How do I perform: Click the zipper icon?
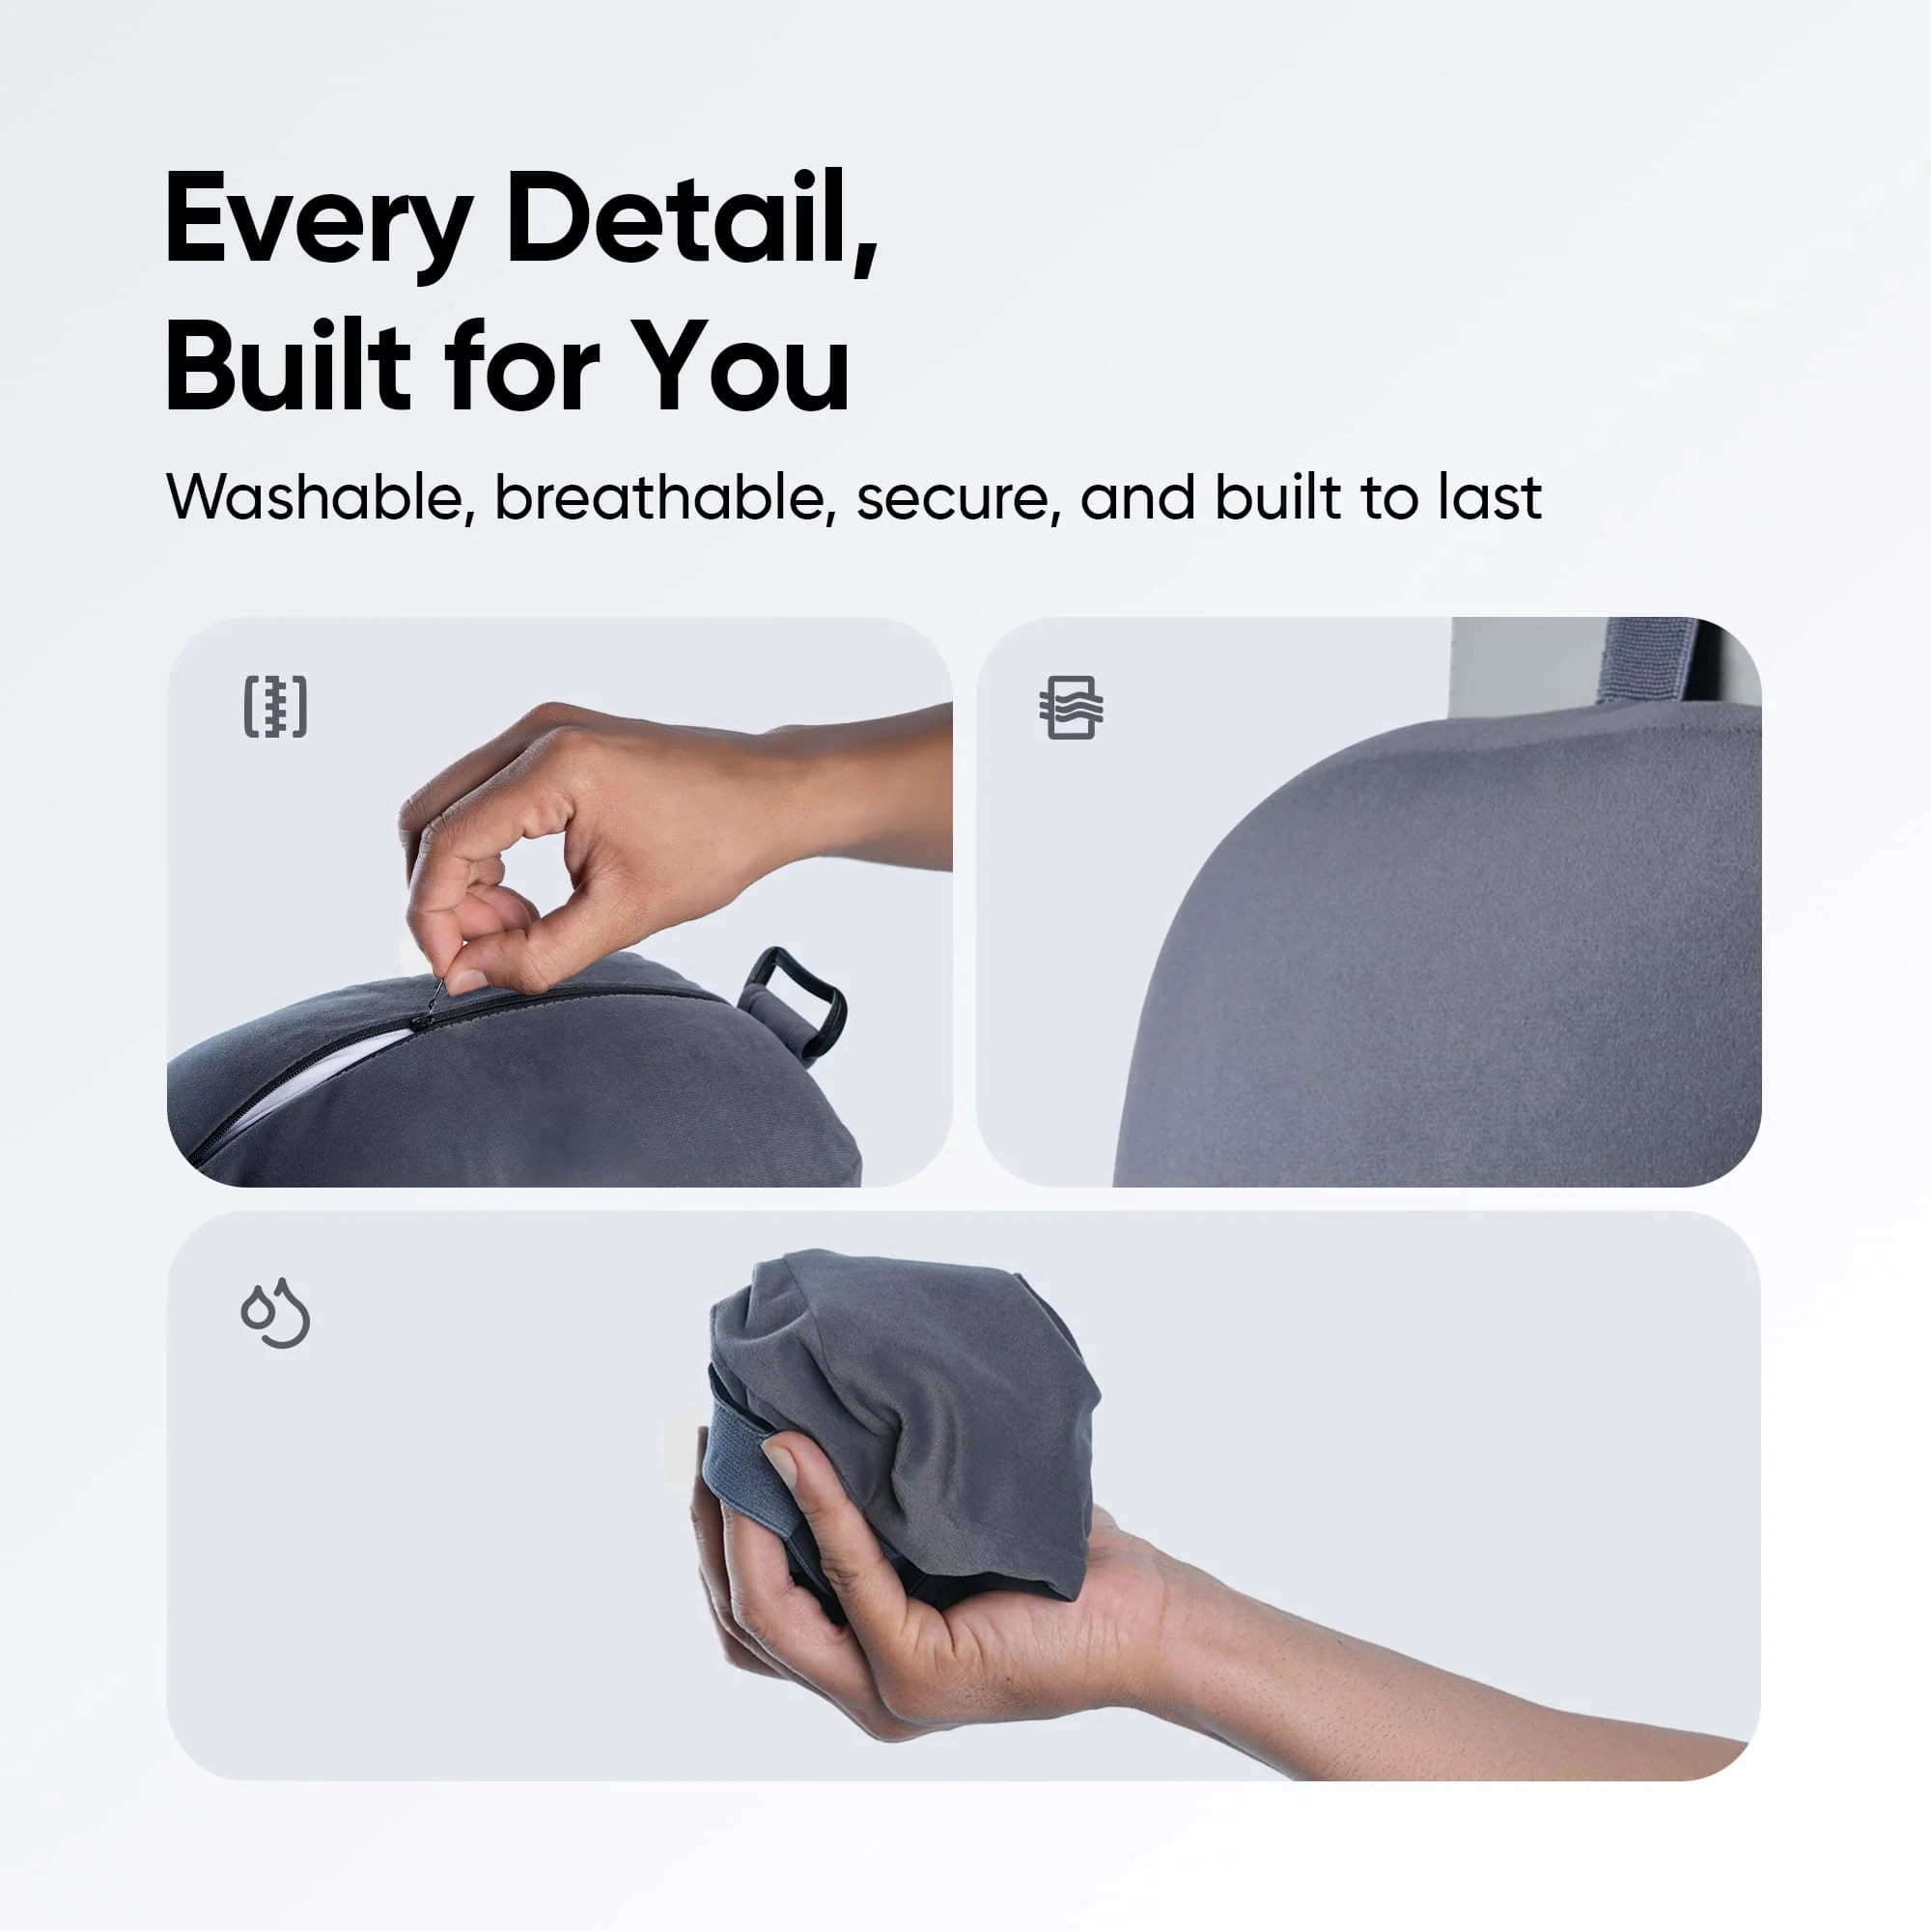point(276,707)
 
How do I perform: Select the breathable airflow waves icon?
point(1071,708)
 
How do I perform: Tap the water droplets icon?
point(276,1312)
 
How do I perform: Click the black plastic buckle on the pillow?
point(795,999)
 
